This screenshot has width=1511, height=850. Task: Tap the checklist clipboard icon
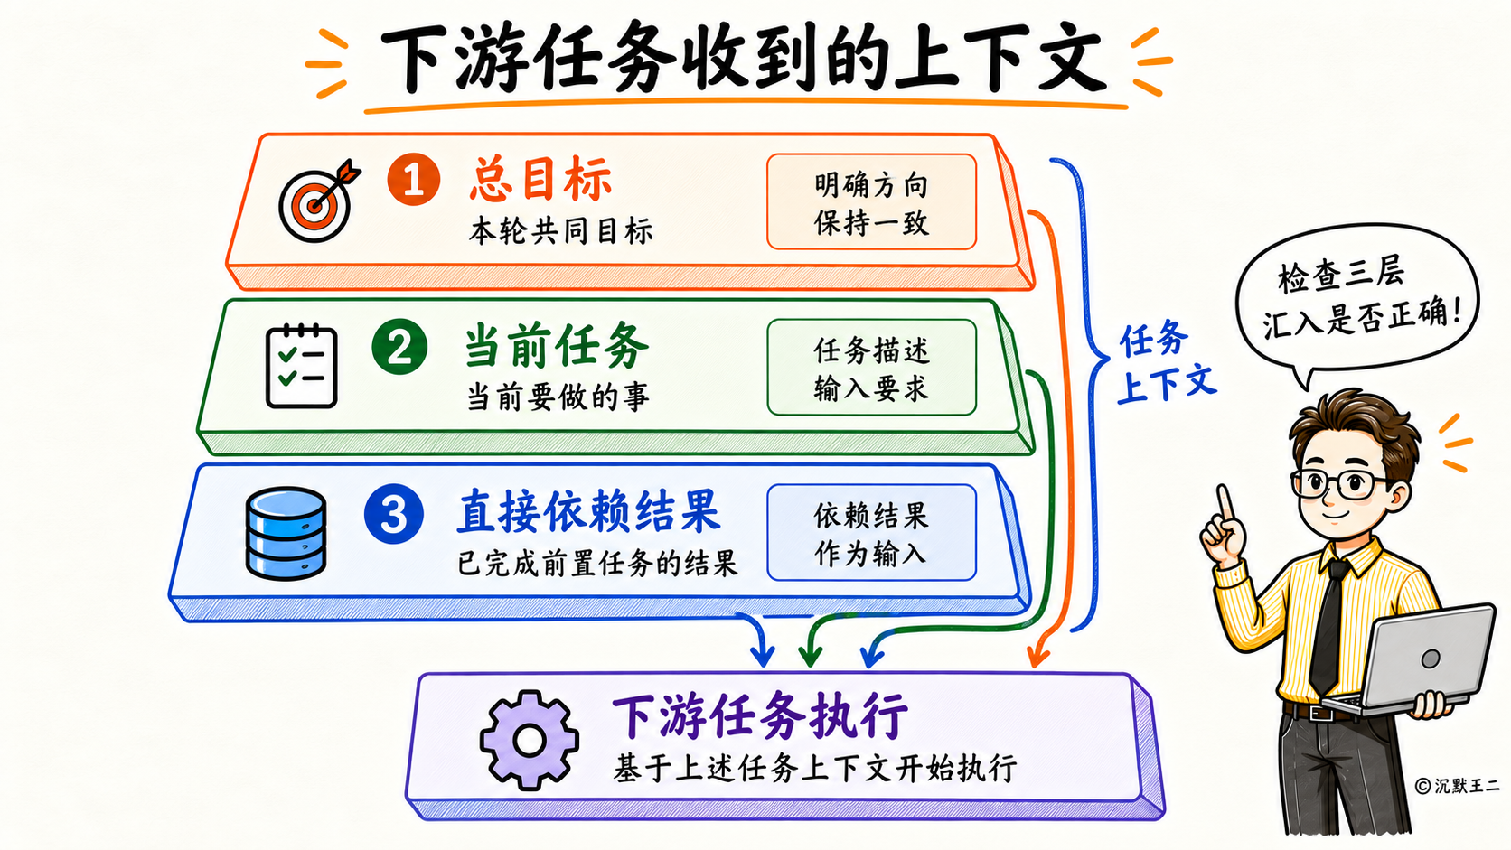[301, 366]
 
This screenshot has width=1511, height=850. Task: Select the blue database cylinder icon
[286, 533]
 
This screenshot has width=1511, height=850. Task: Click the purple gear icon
[529, 740]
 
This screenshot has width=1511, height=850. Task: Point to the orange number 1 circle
[414, 179]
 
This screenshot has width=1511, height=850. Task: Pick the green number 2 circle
[399, 347]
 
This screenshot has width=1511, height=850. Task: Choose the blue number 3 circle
[394, 514]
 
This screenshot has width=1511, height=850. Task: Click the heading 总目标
[540, 179]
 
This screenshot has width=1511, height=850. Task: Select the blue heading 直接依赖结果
[589, 512]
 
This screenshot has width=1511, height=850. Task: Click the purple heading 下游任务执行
[760, 717]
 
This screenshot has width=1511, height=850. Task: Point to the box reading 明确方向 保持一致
[871, 201]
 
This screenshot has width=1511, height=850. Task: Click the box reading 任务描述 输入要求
[871, 368]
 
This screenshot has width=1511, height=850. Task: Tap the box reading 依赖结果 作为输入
[871, 533]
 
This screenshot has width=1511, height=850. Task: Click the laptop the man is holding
[1410, 659]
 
